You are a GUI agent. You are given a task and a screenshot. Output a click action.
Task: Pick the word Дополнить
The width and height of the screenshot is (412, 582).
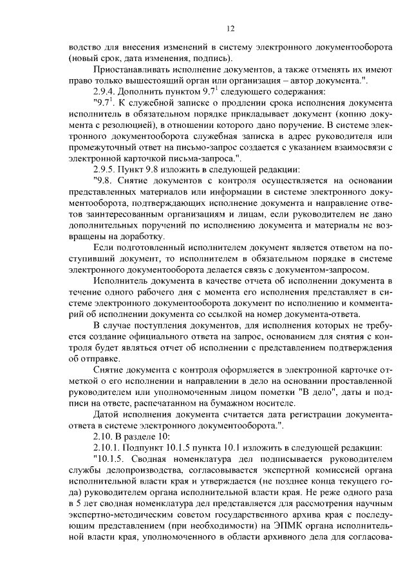pos(147,91)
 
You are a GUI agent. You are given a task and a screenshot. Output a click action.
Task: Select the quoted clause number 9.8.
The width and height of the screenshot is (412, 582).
pos(104,181)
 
